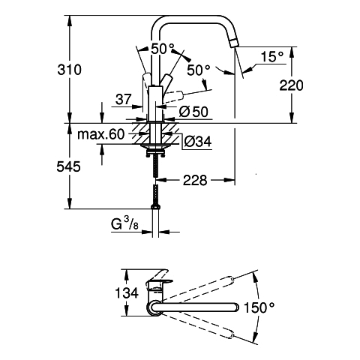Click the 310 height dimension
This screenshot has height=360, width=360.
(69, 70)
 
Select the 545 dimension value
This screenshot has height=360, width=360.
(68, 166)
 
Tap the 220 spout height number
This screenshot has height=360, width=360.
(291, 85)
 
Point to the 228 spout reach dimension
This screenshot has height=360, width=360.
(195, 180)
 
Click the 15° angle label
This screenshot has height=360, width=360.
(272, 57)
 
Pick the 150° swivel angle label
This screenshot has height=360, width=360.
(259, 307)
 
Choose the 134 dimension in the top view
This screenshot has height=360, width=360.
(127, 292)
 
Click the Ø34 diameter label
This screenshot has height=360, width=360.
(198, 142)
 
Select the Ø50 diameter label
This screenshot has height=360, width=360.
(193, 112)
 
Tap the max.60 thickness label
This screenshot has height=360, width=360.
(100, 134)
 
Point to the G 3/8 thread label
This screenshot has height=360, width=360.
(124, 223)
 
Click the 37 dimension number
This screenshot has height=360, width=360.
(123, 100)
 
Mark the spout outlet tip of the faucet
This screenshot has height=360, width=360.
(234, 45)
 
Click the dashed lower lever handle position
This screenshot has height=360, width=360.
(175, 96)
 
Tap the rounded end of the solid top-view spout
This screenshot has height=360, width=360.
(235, 307)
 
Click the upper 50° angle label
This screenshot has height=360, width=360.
(163, 49)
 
